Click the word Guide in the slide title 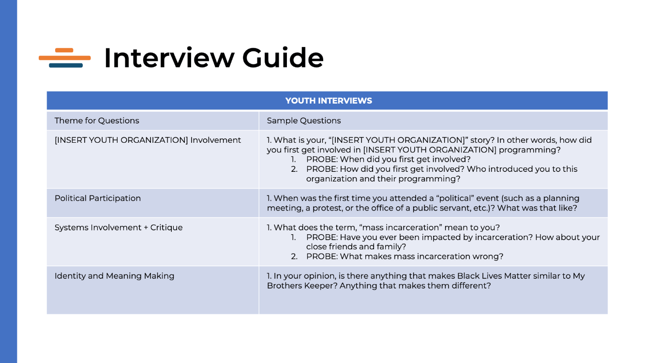click(283, 58)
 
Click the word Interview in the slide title click(169, 58)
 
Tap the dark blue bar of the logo click(66, 65)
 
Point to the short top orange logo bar click(64, 50)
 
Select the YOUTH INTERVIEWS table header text click(329, 101)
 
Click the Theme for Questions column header click(97, 121)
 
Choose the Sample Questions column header click(304, 121)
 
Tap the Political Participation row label click(98, 198)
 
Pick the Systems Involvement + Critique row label click(119, 227)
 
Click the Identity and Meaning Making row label click(114, 276)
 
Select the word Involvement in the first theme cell click(215, 140)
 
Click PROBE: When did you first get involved click(389, 159)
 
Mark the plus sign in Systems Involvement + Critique click(146, 227)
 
